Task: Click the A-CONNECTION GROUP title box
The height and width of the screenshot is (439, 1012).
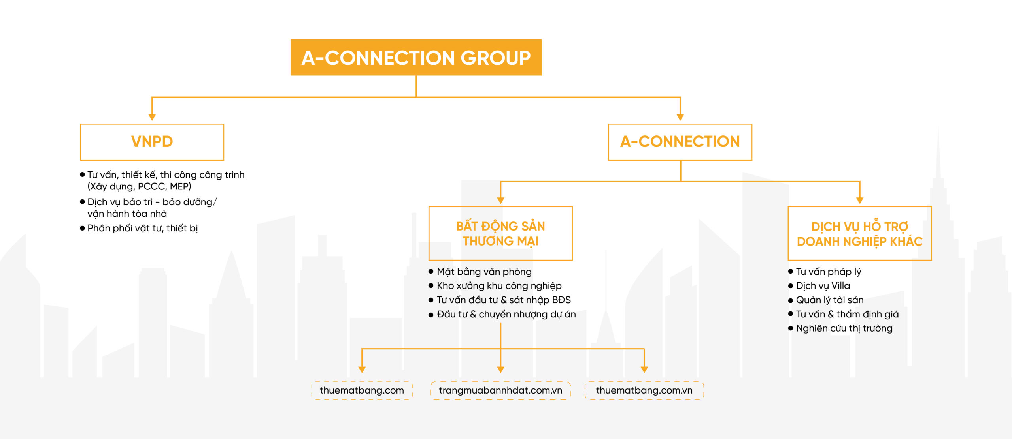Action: pos(416,57)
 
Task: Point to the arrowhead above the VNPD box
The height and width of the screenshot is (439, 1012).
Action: pos(152,117)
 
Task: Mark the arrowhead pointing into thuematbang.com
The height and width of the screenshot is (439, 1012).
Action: pos(362,370)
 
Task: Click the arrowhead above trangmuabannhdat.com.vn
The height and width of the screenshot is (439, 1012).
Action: pos(500,370)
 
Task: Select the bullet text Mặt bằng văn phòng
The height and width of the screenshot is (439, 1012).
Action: pos(484,272)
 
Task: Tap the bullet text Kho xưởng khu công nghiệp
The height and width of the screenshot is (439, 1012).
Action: pos(499,286)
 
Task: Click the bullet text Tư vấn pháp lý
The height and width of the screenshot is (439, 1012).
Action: pos(829,272)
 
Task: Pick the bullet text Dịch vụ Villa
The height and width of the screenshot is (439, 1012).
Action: pos(823,286)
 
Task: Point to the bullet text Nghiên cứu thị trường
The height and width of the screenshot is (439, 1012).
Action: pos(844,328)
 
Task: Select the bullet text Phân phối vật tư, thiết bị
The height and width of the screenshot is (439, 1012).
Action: pos(143,228)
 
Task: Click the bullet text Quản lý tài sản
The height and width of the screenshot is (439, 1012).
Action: pos(830,300)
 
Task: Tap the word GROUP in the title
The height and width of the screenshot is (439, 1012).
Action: pos(495,58)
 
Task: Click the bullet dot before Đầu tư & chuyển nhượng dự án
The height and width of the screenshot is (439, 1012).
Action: pos(431,315)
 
